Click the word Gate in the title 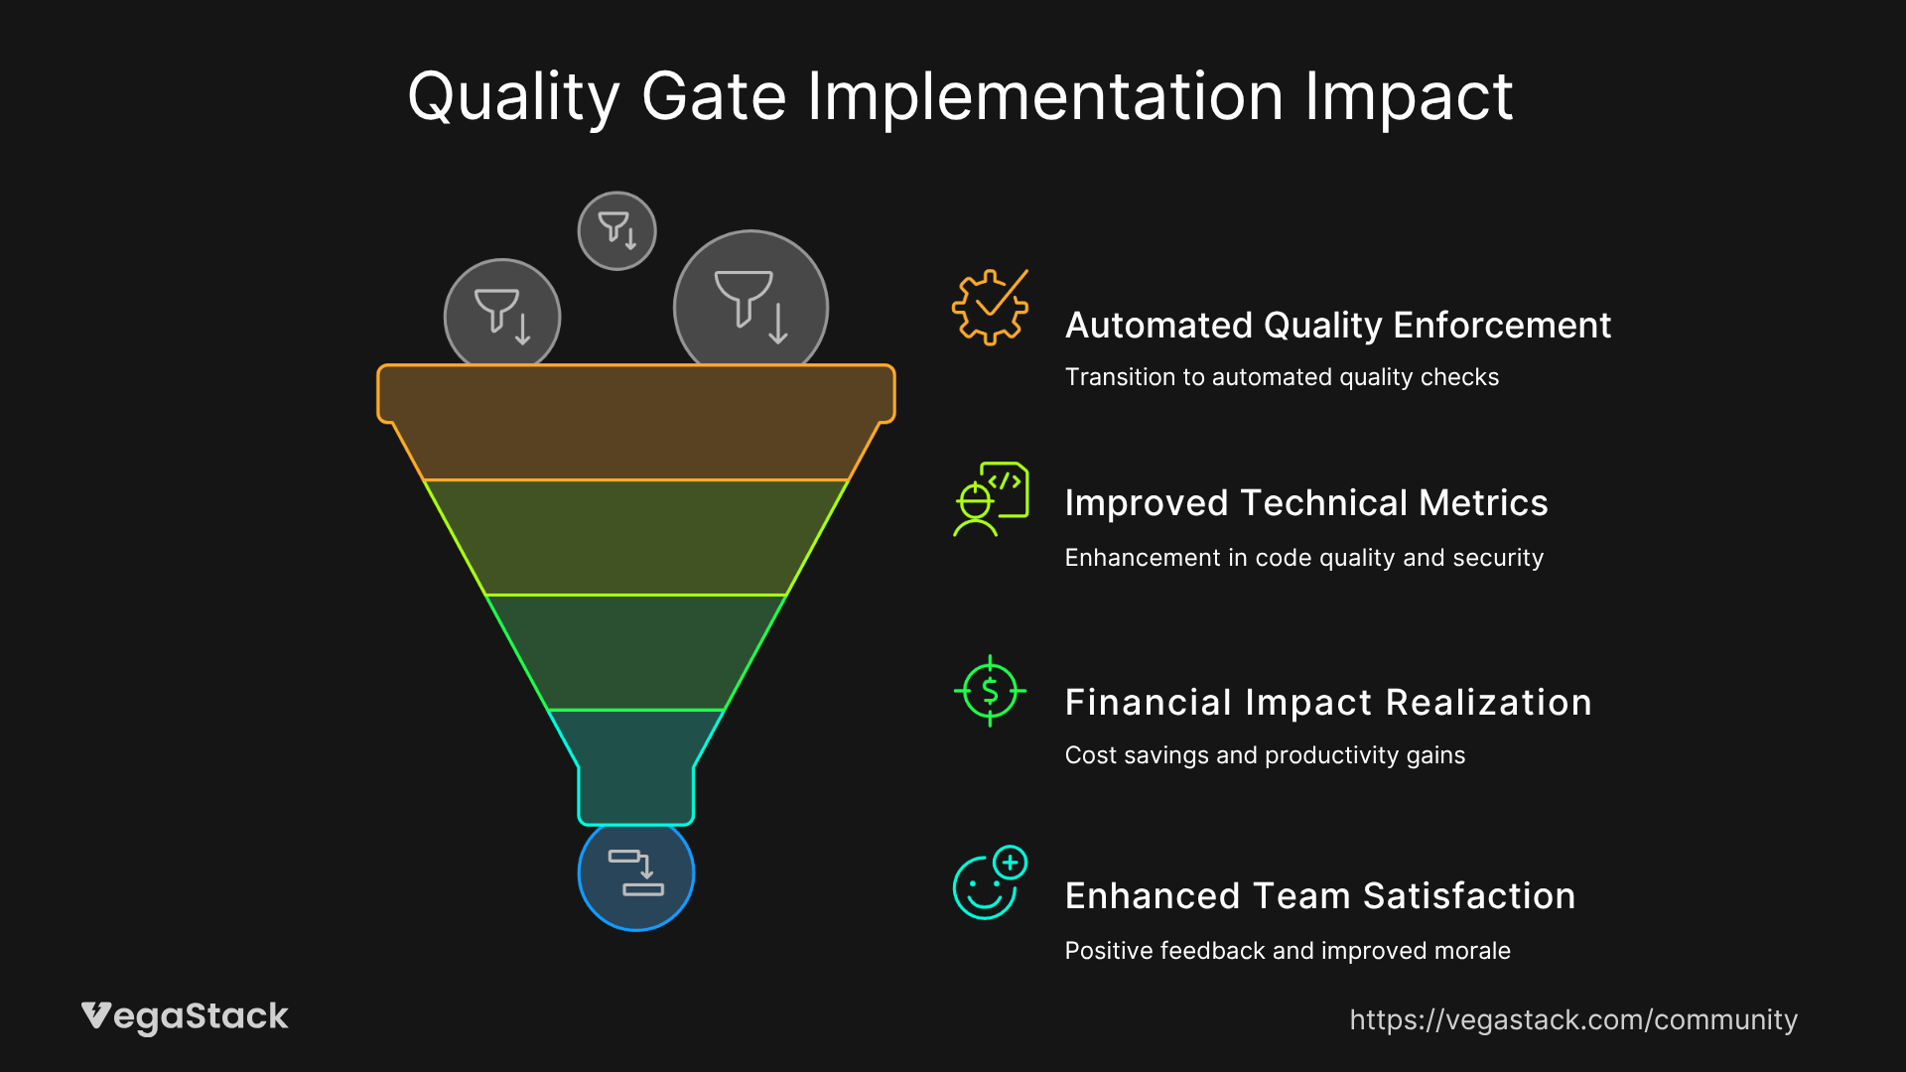click(714, 97)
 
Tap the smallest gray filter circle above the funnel click(616, 230)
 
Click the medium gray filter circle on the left click(502, 316)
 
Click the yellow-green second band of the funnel click(635, 537)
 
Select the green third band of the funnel click(635, 652)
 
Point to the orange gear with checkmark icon click(990, 308)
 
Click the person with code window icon click(991, 498)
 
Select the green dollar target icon click(990, 691)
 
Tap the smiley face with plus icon click(989, 883)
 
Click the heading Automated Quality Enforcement click(1337, 326)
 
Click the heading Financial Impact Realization click(1328, 703)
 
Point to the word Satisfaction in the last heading click(1469, 896)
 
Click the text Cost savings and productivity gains click(1265, 755)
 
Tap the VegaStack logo click(185, 1016)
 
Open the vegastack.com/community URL click(1573, 1020)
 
